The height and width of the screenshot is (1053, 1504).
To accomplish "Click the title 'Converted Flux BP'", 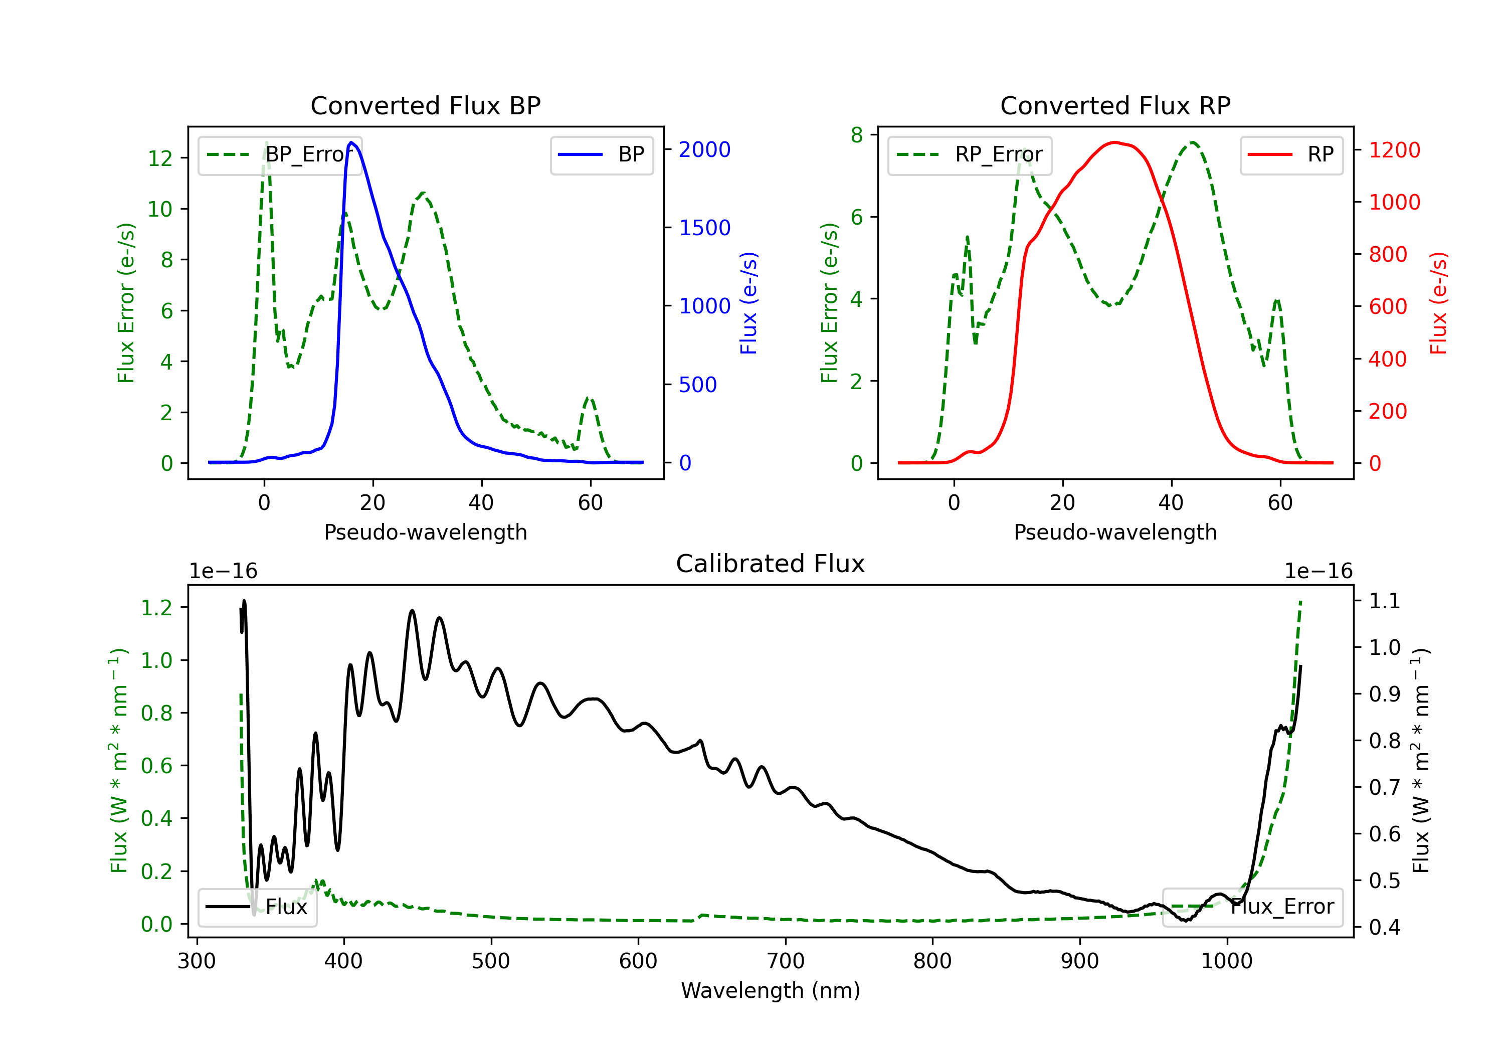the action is click(x=425, y=105).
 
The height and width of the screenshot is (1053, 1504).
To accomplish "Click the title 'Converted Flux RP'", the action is click(x=1115, y=105).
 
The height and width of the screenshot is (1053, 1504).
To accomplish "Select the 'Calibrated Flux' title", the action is click(x=771, y=564).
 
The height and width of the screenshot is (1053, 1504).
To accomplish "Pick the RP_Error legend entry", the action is click(x=970, y=154).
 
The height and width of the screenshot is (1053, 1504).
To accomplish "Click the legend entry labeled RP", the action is click(x=1291, y=154).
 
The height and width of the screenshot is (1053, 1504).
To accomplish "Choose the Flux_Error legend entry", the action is click(x=1252, y=907).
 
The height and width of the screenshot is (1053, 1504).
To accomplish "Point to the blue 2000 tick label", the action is click(x=704, y=150).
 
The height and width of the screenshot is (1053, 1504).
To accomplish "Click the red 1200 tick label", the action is click(x=1395, y=150).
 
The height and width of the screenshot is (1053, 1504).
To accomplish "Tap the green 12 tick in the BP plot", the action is click(x=160, y=158).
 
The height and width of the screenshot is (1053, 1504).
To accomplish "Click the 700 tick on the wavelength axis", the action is click(x=786, y=961).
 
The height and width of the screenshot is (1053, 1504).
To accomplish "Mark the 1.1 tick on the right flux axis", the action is click(x=1385, y=601).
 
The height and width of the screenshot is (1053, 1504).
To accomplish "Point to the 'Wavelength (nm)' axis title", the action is click(x=771, y=990).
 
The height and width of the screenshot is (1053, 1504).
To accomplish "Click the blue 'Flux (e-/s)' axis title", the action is click(x=748, y=303).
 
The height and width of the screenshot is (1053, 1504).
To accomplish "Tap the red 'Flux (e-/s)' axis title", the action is click(x=1438, y=303).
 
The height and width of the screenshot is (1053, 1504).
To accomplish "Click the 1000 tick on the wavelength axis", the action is click(x=1227, y=961).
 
